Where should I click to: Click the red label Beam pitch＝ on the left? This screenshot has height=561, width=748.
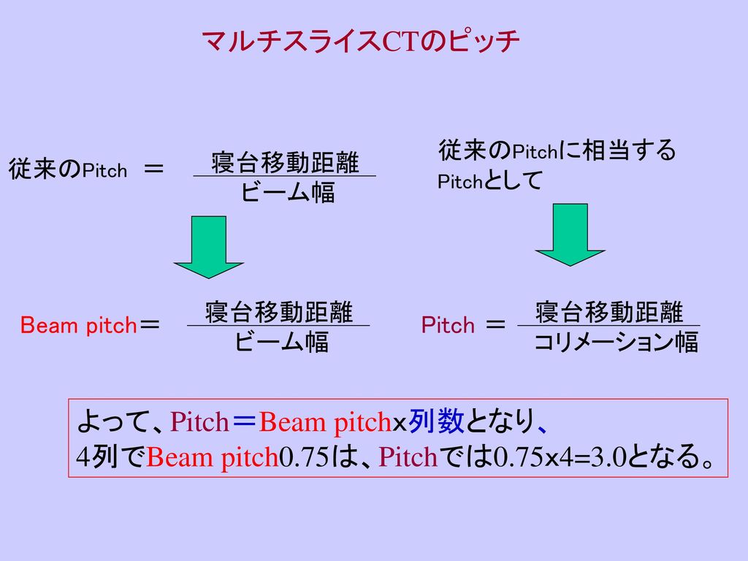(92, 325)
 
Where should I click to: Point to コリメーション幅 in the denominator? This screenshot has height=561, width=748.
(617, 342)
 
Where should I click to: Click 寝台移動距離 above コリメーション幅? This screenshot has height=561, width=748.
(609, 312)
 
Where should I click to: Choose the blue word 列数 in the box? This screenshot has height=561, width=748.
(435, 421)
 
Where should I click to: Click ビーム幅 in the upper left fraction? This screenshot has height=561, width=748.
(288, 193)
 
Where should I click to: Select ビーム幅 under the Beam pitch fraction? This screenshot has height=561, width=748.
(281, 342)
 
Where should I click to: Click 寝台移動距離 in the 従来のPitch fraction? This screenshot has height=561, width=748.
(285, 162)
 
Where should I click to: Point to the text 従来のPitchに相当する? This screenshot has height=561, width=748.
(557, 151)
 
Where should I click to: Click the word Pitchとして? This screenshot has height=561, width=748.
(489, 181)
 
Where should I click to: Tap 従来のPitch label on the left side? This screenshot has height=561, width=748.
(68, 170)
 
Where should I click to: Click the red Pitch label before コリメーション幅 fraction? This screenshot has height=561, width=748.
(449, 325)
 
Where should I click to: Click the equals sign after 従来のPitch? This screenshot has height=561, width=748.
(155, 169)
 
